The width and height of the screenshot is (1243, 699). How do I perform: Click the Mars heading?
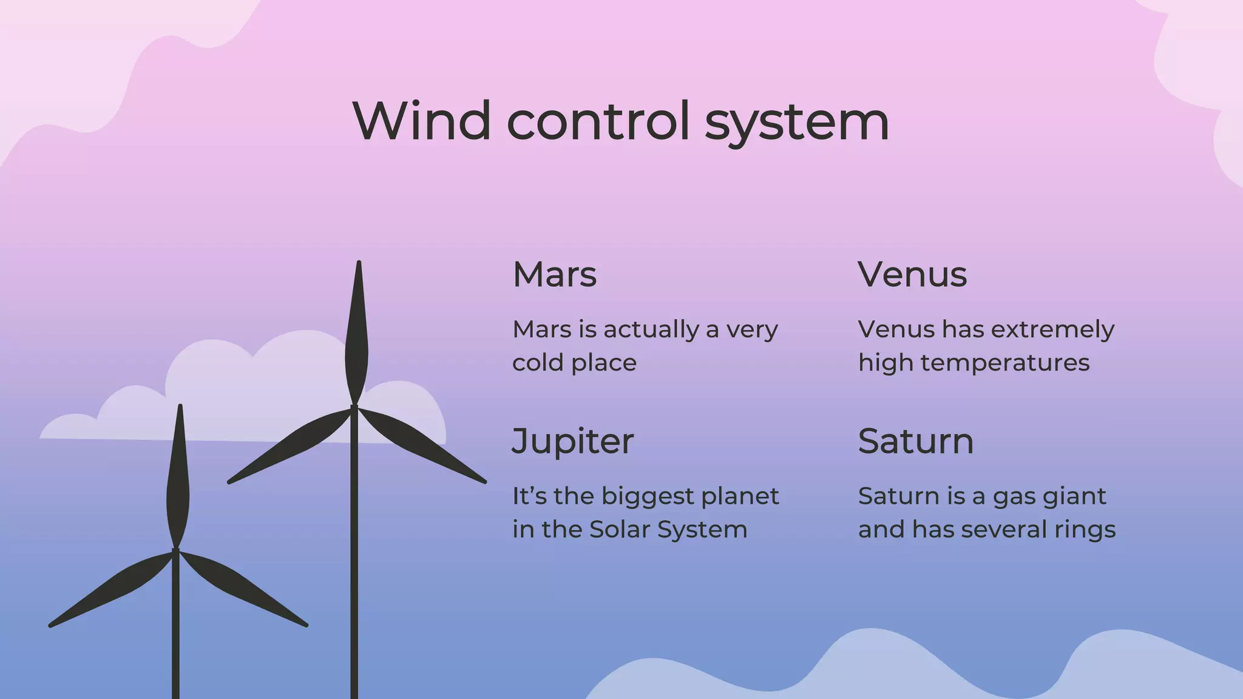click(555, 274)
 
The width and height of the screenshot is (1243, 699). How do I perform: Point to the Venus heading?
click(912, 274)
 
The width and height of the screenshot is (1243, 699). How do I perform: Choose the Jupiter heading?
click(573, 442)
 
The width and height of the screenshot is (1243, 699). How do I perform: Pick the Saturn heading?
click(915, 441)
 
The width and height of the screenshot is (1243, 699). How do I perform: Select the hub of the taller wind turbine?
click(354, 408)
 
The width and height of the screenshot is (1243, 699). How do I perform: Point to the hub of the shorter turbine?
click(175, 552)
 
